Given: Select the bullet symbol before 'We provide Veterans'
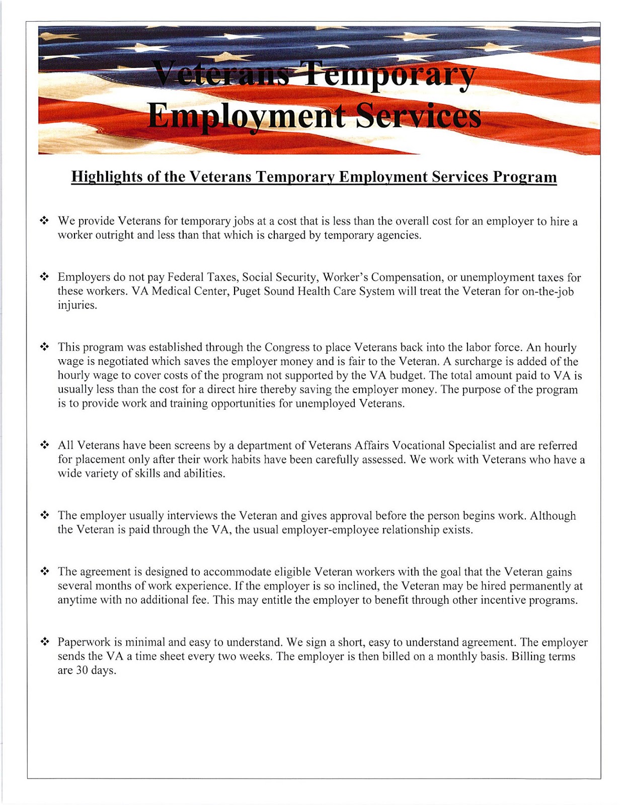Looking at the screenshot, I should (x=44, y=221).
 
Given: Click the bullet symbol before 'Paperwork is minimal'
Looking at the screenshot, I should (x=44, y=642).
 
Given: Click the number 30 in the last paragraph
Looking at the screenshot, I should (x=82, y=670).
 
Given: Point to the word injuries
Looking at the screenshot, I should (x=76, y=305).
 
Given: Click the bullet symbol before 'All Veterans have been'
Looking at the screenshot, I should (x=44, y=445).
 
